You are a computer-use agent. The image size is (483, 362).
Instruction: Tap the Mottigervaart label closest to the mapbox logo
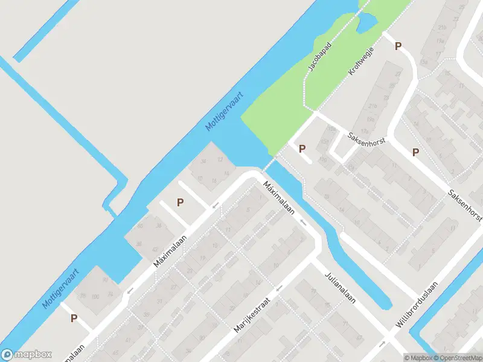(61, 288)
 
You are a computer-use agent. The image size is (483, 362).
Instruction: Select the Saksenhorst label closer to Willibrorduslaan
(464, 205)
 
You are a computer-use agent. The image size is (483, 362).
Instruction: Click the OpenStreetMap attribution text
(461, 358)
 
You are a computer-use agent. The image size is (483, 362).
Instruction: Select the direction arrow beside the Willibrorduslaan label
(382, 344)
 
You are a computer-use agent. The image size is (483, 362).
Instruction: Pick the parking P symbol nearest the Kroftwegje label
(398, 46)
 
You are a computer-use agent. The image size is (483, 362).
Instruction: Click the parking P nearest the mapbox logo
(74, 318)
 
